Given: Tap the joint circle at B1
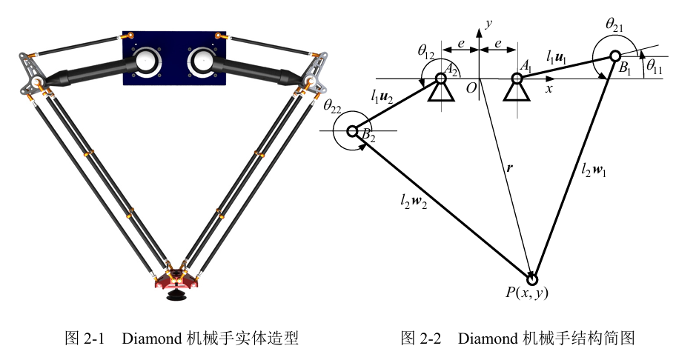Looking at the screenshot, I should [x=614, y=56].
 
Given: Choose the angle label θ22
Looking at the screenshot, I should [x=333, y=106].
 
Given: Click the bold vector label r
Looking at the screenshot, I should [x=508, y=168].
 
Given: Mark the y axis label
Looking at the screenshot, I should [x=488, y=24].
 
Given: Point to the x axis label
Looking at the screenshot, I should [x=549, y=87].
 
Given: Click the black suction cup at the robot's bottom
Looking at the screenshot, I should [x=176, y=297].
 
